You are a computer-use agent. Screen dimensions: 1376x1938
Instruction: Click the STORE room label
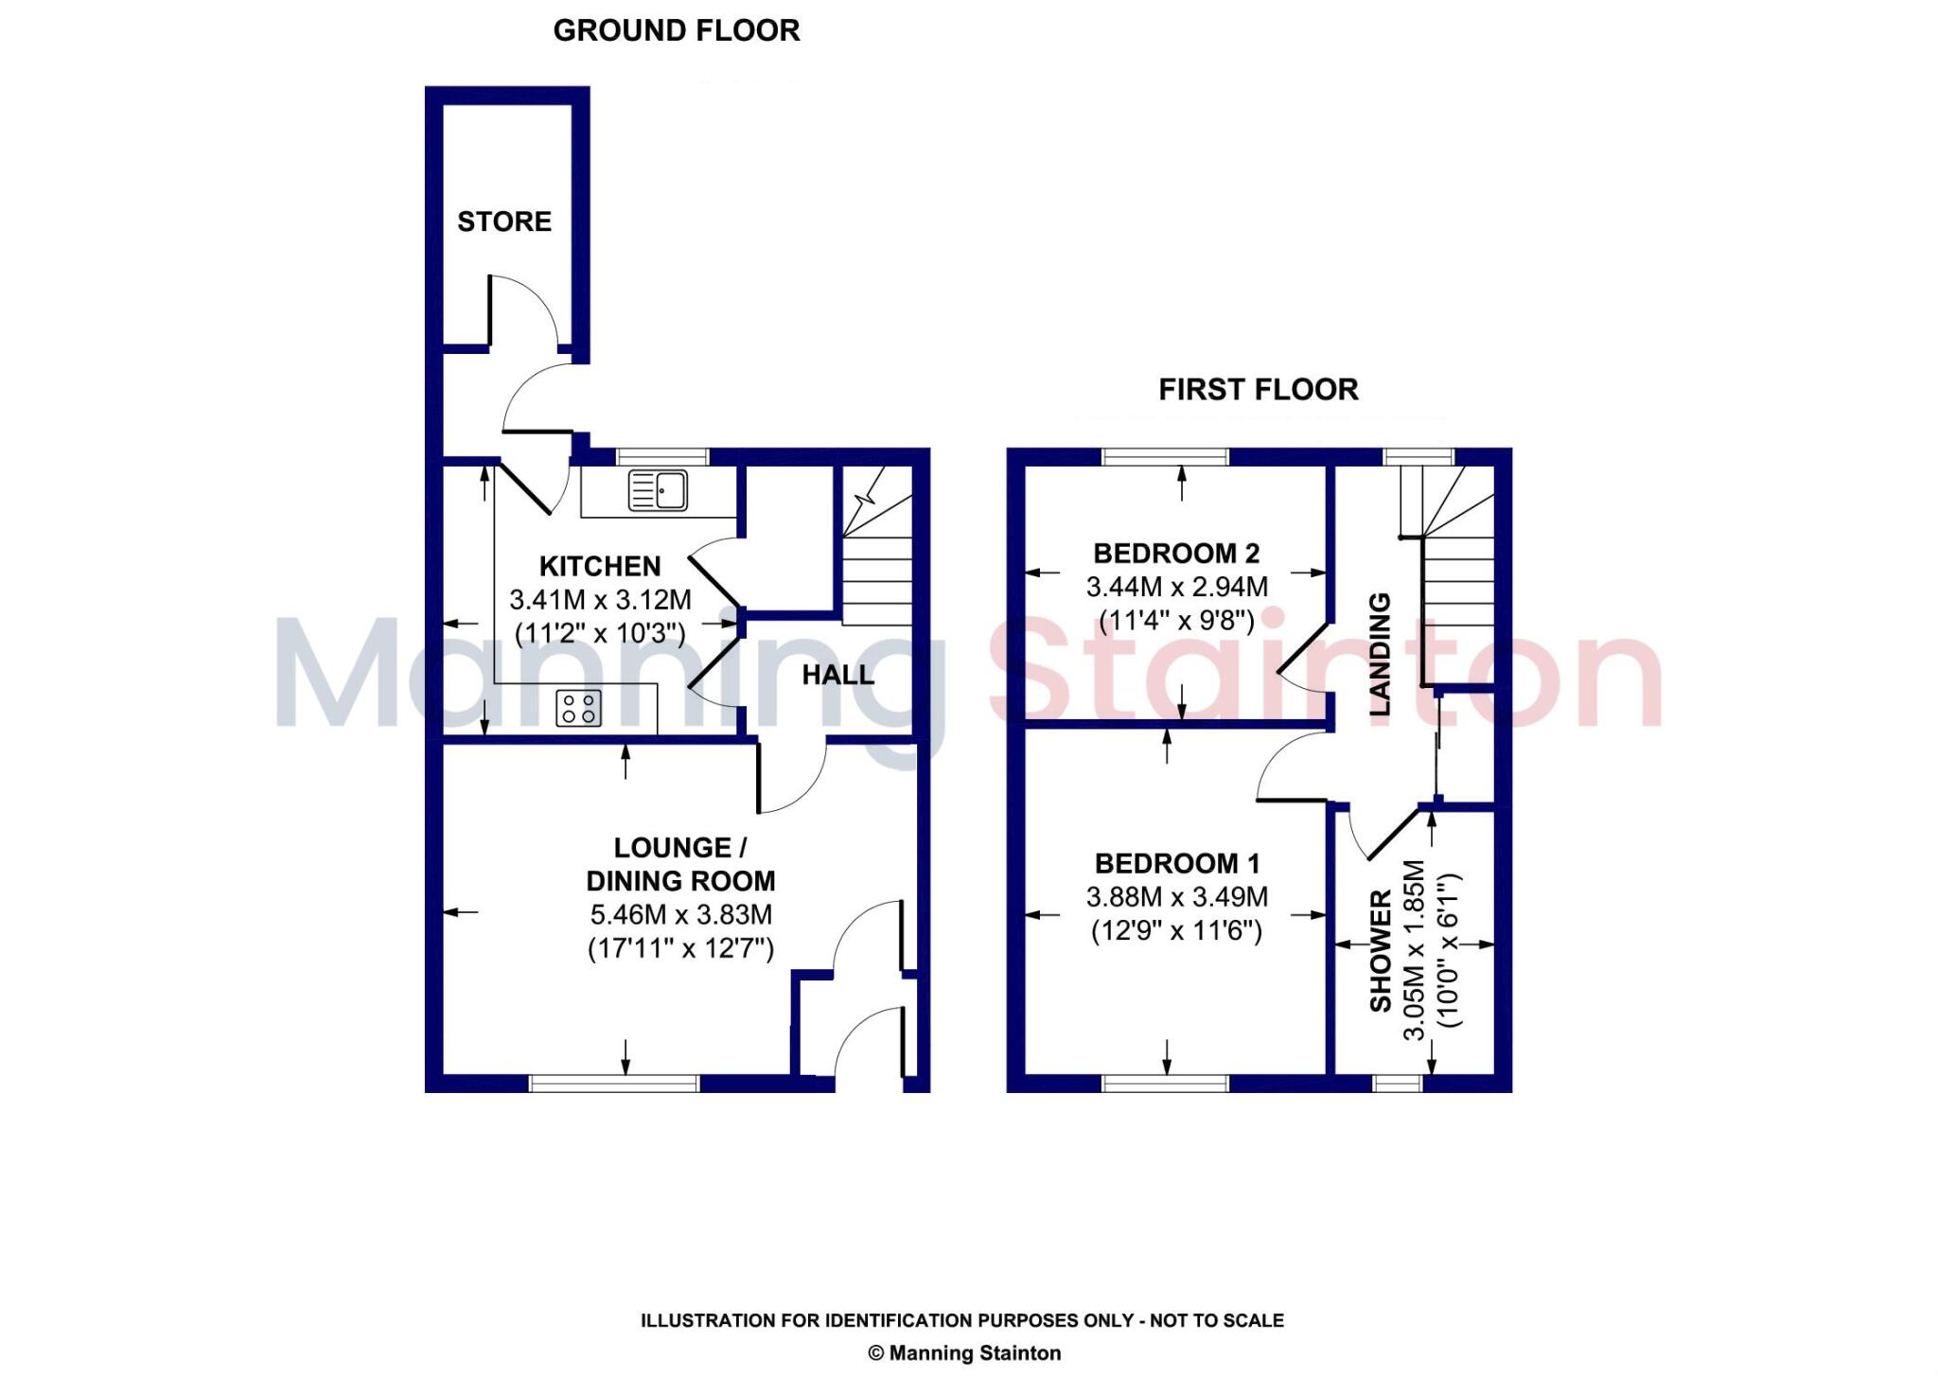click(x=503, y=221)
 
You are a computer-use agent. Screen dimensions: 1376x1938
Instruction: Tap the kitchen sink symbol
click(x=658, y=491)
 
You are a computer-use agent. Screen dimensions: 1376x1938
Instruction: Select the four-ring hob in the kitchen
click(x=578, y=708)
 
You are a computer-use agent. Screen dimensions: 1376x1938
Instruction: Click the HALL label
click(x=837, y=676)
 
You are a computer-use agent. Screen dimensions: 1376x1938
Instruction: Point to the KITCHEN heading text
click(x=600, y=566)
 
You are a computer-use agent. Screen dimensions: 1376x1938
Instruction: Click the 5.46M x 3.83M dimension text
click(x=680, y=915)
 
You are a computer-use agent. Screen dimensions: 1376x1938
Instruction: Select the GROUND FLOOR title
click(x=677, y=30)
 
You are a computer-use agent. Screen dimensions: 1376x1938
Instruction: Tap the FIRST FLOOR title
click(x=1258, y=389)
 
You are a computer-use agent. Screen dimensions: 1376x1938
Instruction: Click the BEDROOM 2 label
click(x=1176, y=553)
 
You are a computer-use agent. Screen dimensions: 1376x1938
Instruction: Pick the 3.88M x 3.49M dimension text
click(x=1176, y=897)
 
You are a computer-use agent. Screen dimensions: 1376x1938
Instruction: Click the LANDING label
click(x=1381, y=653)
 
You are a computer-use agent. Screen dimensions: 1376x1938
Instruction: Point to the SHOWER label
click(x=1381, y=950)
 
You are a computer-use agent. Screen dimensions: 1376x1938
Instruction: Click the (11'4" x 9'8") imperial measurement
click(x=1176, y=621)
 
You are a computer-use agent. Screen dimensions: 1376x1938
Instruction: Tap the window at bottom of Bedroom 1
click(x=1166, y=1083)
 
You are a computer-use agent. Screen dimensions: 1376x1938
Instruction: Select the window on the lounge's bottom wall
click(x=613, y=1083)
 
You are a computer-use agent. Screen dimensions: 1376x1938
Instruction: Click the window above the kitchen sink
click(x=661, y=456)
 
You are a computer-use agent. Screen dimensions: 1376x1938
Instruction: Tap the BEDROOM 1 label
click(x=1176, y=863)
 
